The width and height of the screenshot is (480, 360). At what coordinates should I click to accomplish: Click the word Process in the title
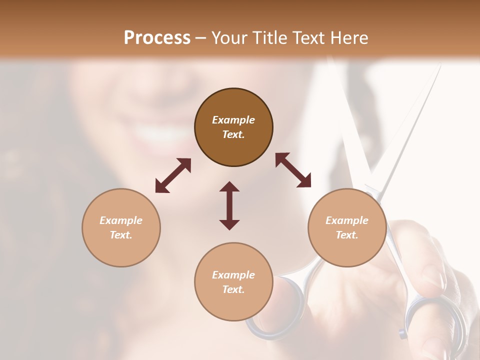(157, 38)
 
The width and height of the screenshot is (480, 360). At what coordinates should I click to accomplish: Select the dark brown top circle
(233, 127)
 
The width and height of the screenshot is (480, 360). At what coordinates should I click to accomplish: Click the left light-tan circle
(121, 228)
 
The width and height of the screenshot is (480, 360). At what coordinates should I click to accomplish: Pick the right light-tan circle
(347, 228)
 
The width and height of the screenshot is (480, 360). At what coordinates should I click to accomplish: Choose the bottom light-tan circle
(233, 282)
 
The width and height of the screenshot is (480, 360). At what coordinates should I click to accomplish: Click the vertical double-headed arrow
(229, 205)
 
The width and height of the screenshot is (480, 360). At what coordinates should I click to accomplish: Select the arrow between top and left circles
(173, 175)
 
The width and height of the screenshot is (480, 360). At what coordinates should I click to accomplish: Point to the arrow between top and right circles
(293, 170)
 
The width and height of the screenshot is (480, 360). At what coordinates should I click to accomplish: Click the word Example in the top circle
(233, 120)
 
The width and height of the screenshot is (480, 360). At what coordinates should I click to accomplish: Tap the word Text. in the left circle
(121, 235)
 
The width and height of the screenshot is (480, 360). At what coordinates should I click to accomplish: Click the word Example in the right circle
(347, 220)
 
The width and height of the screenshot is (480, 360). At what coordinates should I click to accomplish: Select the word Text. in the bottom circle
(233, 289)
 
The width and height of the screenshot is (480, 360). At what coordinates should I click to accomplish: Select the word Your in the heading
(227, 38)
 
